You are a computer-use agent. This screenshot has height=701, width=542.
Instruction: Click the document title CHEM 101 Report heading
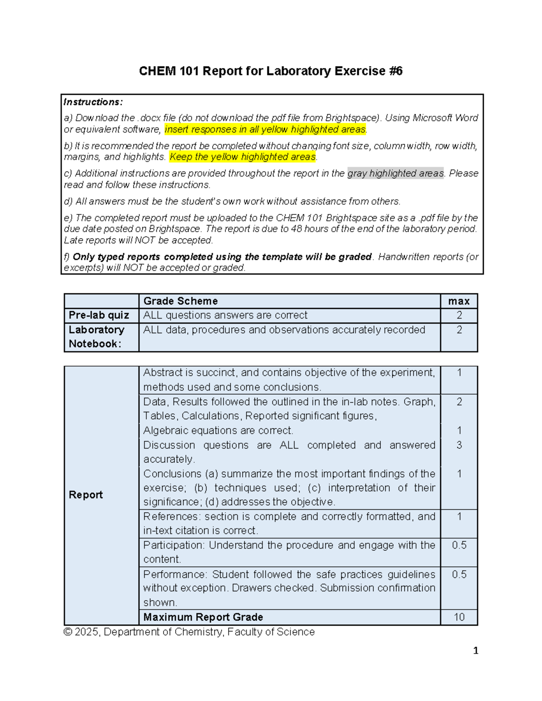(x=271, y=71)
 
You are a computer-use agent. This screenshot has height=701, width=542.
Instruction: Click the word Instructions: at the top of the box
(x=93, y=102)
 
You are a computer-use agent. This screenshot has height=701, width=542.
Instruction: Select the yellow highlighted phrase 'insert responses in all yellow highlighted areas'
(x=265, y=130)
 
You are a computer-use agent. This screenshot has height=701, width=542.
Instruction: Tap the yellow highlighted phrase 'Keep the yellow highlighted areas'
(x=243, y=157)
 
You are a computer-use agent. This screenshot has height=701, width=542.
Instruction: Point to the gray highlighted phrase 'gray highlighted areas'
(x=395, y=173)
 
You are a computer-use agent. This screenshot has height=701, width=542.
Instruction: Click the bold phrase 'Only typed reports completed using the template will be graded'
(x=222, y=256)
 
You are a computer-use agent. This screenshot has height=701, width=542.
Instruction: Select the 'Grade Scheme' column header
(x=180, y=301)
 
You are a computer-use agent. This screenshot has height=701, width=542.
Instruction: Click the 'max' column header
(x=459, y=301)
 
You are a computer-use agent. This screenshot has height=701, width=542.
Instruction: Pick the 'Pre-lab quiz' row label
(x=99, y=315)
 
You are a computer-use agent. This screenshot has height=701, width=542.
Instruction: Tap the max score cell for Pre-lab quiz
(x=459, y=315)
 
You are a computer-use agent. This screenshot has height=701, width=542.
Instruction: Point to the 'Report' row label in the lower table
(x=86, y=495)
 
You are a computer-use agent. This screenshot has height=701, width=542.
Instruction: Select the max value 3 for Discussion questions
(x=459, y=445)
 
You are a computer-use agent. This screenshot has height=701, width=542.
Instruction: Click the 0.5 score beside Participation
(x=459, y=545)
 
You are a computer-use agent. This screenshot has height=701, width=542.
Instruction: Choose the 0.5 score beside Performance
(x=459, y=574)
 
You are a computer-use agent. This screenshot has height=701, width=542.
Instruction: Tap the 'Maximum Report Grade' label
(x=203, y=617)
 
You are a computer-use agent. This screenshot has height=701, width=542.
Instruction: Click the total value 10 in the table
(x=459, y=617)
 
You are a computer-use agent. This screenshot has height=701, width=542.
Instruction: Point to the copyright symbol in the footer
(x=68, y=632)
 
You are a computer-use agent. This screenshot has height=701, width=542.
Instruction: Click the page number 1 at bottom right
(x=475, y=650)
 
